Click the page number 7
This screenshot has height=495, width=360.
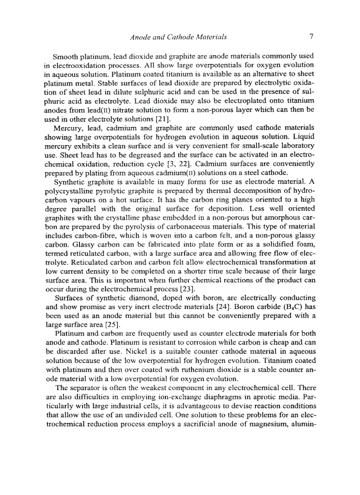coord(311,37)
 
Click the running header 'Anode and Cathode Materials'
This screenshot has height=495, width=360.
coord(179,37)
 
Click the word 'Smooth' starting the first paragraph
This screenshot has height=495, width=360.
coord(65,57)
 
